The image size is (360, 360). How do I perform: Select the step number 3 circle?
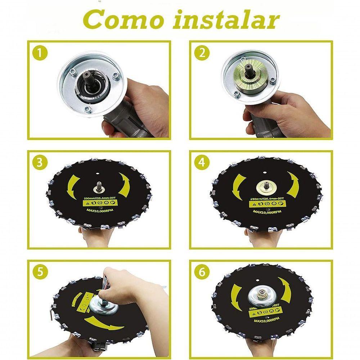click(40, 162)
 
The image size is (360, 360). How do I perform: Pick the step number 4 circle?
click(201, 162)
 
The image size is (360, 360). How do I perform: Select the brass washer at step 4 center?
click(266, 187)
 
